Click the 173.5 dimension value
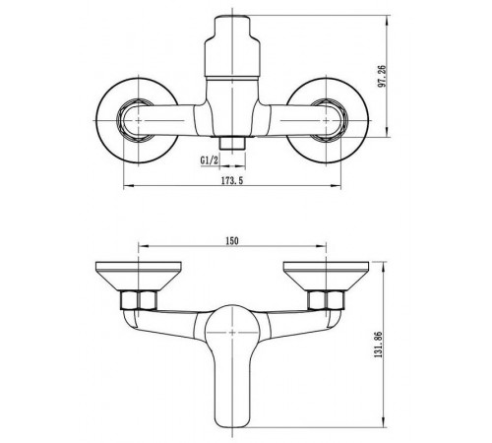pyautogui.click(x=232, y=180)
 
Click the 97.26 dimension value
pyautogui.click(x=382, y=76)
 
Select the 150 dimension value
pyautogui.click(x=232, y=241)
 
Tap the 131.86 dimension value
pyautogui.click(x=378, y=345)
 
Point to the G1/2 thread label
pyautogui.click(x=210, y=160)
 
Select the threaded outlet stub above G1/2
pyautogui.click(x=232, y=143)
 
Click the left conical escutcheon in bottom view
pyautogui.click(x=138, y=276)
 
